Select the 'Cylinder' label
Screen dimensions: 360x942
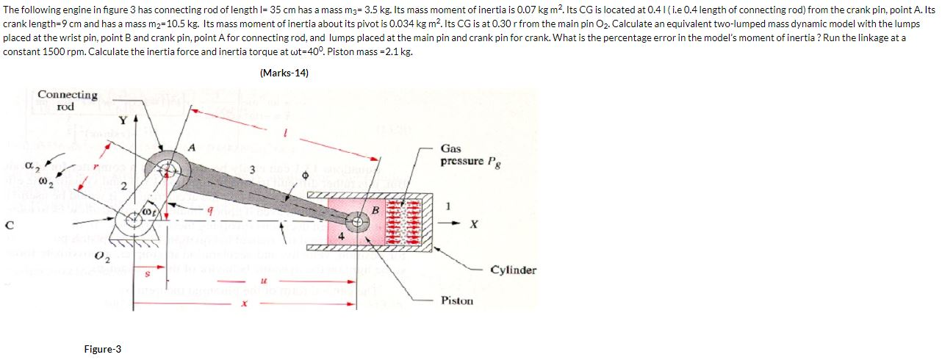tap(514, 270)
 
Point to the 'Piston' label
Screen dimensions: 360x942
tap(457, 300)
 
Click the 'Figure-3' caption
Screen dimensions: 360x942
tap(103, 349)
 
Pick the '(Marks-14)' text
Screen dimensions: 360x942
tap(284, 73)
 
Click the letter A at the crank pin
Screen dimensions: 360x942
tap(193, 147)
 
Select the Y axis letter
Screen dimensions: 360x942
tap(123, 120)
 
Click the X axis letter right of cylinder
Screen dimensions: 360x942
tap(475, 223)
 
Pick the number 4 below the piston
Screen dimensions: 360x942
tap(341, 237)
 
